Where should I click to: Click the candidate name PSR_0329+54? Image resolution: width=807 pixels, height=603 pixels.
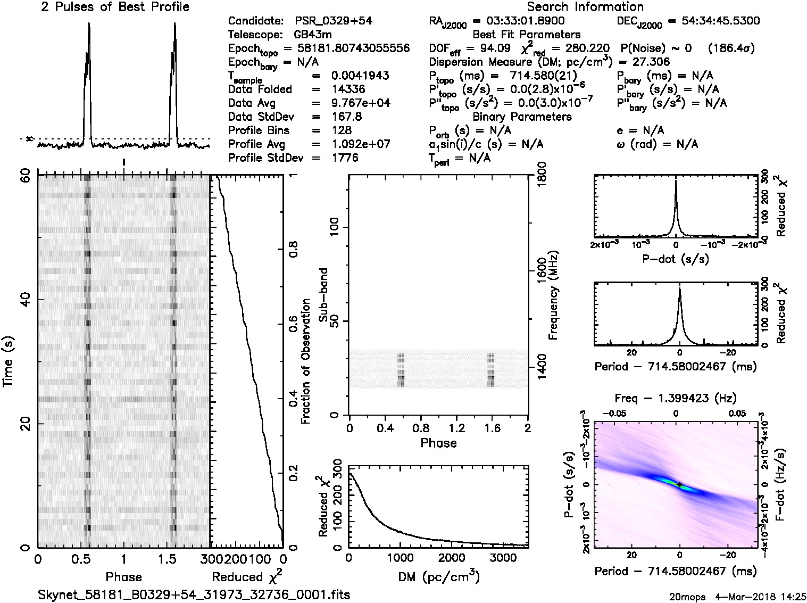pyautogui.click(x=333, y=21)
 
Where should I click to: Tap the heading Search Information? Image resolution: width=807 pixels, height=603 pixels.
pyautogui.click(x=585, y=7)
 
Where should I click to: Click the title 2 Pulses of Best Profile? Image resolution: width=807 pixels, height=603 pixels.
pyautogui.click(x=115, y=7)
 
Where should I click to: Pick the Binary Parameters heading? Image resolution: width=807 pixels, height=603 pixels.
pyautogui.click(x=522, y=117)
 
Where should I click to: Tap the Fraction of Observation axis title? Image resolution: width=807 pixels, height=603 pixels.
pyautogui.click(x=305, y=361)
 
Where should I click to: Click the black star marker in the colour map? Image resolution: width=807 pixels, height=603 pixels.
pyautogui.click(x=679, y=484)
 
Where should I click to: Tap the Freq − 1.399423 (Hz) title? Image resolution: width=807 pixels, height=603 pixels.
pyautogui.click(x=676, y=398)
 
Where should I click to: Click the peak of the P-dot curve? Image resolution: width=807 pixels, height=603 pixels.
pyautogui.click(x=676, y=181)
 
